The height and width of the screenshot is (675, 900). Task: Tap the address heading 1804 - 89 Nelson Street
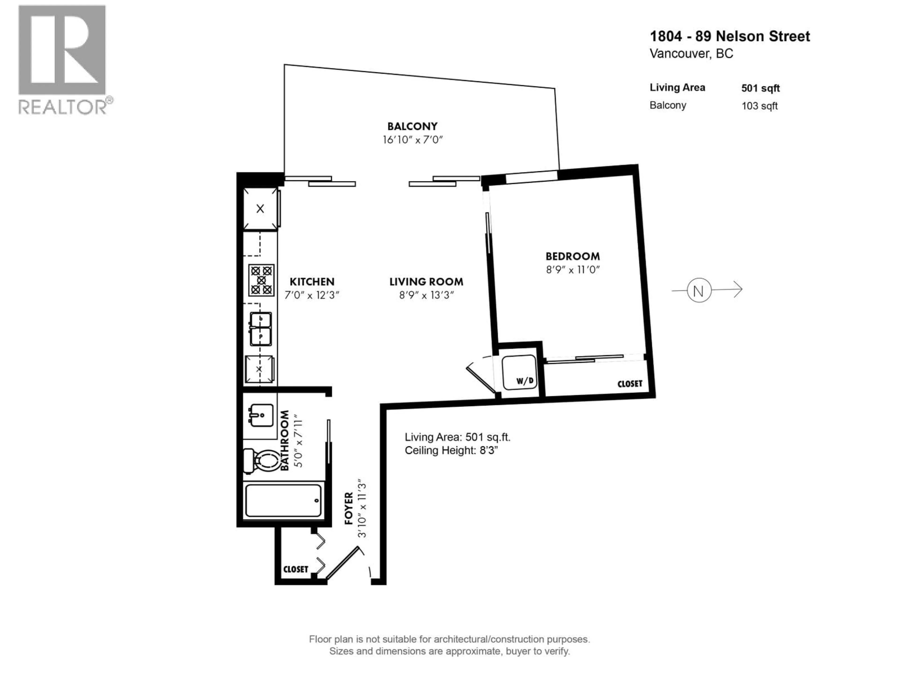730,36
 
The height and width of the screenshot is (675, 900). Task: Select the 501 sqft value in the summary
760,88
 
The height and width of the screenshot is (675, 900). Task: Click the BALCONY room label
412,126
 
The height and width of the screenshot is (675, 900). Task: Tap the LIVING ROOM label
426,281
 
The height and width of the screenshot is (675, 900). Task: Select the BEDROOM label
573,256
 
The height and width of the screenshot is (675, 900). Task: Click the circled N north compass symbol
699,290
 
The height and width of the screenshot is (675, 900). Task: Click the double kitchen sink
260,329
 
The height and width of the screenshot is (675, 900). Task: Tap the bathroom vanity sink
261,415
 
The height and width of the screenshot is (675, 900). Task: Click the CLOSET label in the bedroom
630,384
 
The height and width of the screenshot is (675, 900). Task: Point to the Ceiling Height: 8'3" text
451,450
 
